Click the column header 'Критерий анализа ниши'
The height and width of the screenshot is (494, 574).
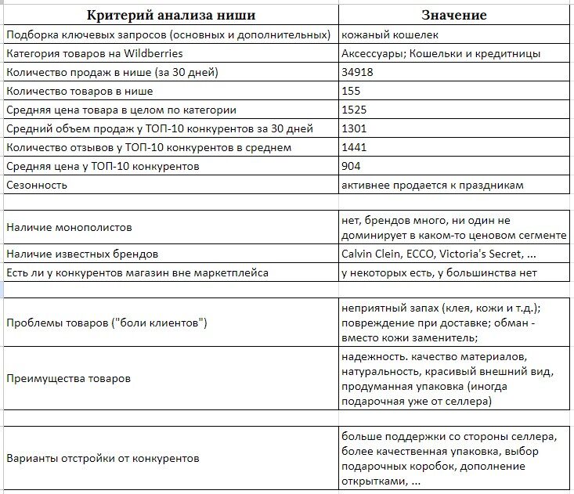(170, 16)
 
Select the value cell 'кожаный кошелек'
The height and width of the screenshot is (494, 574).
(390, 35)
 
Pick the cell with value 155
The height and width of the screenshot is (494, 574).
(352, 92)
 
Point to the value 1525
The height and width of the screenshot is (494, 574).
(354, 110)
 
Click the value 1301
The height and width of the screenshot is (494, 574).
(354, 129)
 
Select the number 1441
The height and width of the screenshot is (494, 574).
(354, 148)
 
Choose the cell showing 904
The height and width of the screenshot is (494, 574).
(352, 167)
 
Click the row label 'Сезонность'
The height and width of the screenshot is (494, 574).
(36, 186)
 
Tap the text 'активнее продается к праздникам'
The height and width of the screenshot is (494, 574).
(432, 186)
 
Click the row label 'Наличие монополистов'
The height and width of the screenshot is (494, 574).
(69, 228)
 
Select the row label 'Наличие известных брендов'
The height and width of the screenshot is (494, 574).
(82, 254)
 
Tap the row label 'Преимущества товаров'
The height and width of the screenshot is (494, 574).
(68, 378)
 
